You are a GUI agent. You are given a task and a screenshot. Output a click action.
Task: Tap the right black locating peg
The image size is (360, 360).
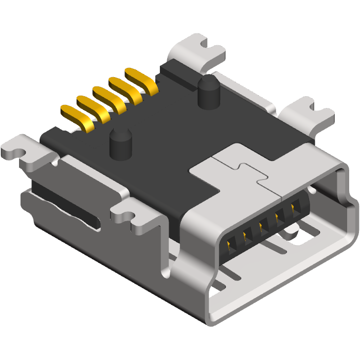(207, 93)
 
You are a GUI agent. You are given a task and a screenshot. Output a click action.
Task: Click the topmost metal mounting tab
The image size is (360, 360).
(197, 51)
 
